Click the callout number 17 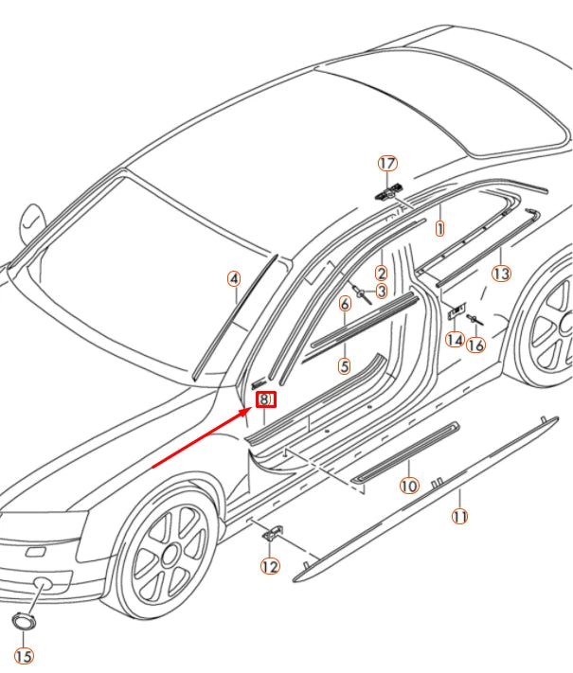[x=386, y=164]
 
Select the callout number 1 [x=439, y=229]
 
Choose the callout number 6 [x=345, y=303]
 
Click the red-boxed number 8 [x=266, y=401]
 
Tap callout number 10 [x=408, y=486]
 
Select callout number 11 [x=459, y=517]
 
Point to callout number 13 [x=501, y=274]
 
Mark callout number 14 [x=455, y=339]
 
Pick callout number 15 [x=23, y=656]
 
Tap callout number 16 [x=475, y=345]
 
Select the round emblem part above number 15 [x=23, y=621]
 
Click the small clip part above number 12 [x=272, y=534]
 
